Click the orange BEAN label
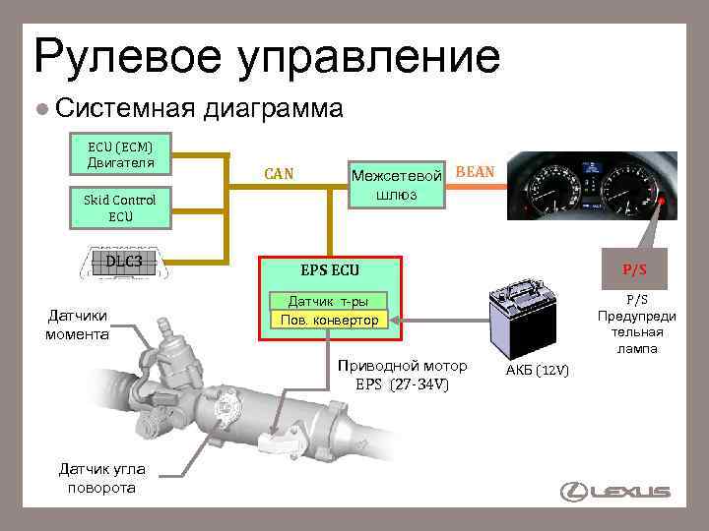click(477, 172)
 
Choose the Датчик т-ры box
click(329, 301)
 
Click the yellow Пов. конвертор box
click(329, 321)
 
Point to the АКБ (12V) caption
click(537, 370)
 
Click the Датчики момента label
click(76, 324)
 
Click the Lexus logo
click(615, 492)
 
